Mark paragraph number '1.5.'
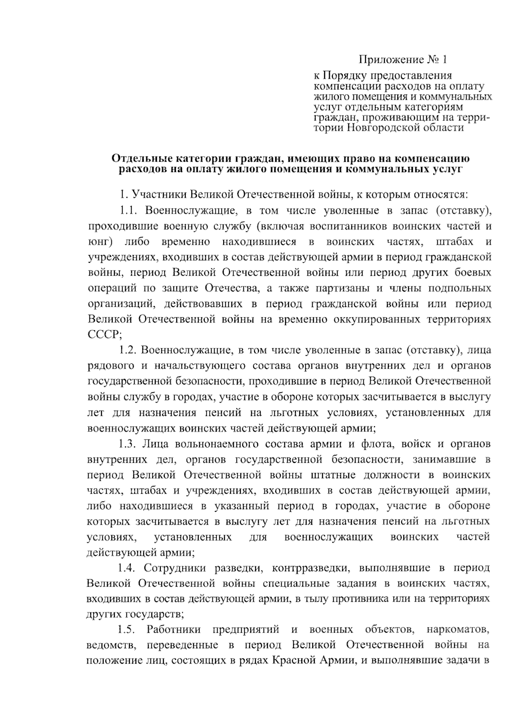point(127,630)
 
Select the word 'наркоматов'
point(458,630)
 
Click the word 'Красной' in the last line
point(292,661)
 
